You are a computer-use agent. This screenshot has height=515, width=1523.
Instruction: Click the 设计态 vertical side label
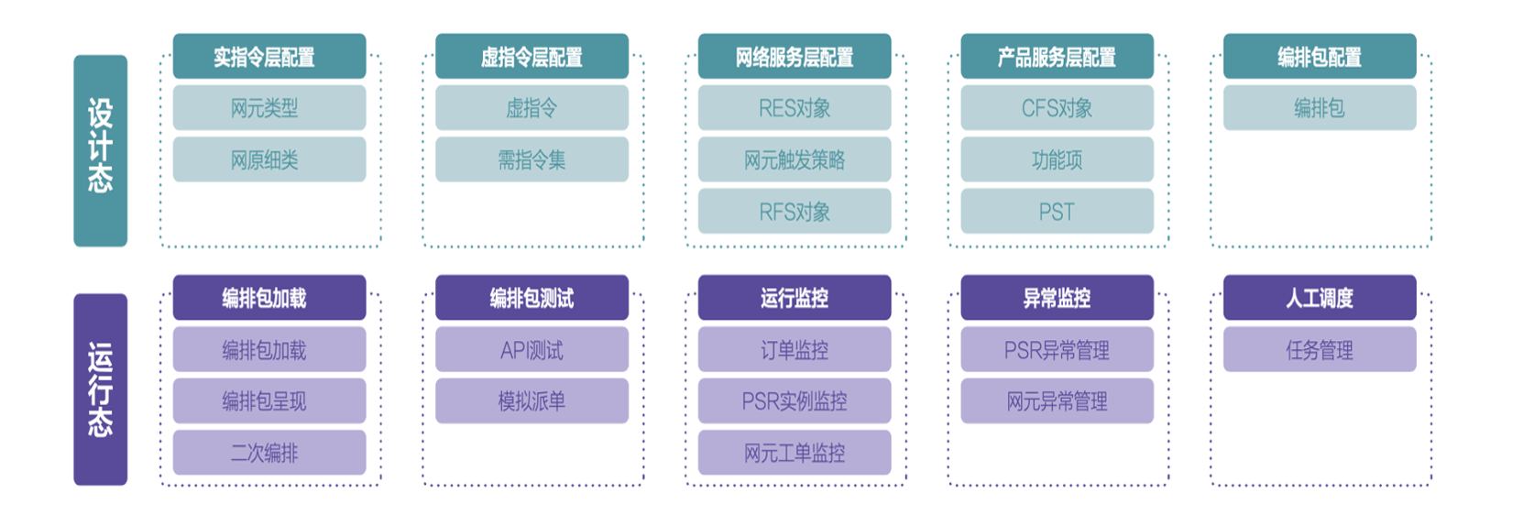(100, 150)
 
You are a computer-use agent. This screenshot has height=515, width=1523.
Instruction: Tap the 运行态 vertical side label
(100, 389)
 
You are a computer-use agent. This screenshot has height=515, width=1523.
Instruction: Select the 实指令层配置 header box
(268, 57)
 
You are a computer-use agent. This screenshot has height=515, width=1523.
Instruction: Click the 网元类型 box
(268, 108)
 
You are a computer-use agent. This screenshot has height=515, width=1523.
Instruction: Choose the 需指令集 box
(531, 159)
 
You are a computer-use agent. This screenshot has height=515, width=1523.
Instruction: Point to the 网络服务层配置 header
(794, 57)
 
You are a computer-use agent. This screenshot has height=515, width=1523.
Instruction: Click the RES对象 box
(794, 108)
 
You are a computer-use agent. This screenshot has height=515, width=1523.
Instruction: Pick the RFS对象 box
(794, 212)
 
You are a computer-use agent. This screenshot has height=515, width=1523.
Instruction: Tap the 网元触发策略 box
(794, 159)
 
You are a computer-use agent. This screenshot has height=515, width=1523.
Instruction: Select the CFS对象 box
(1057, 108)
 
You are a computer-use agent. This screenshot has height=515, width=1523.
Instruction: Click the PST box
(1057, 212)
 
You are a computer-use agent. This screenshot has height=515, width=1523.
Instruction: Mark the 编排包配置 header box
(1319, 57)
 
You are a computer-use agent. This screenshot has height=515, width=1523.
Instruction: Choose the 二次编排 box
(268, 453)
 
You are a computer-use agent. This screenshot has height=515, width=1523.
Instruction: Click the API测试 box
(531, 349)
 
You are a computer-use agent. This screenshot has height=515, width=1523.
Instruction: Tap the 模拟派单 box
(531, 400)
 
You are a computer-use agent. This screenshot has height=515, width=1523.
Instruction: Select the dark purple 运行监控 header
(794, 298)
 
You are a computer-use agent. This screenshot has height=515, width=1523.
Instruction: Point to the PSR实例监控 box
(794, 400)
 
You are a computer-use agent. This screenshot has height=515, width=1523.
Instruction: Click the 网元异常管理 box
(1057, 400)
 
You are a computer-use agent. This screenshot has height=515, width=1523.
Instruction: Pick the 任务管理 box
(1319, 349)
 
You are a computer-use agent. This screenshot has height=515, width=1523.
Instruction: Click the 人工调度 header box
(1319, 298)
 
